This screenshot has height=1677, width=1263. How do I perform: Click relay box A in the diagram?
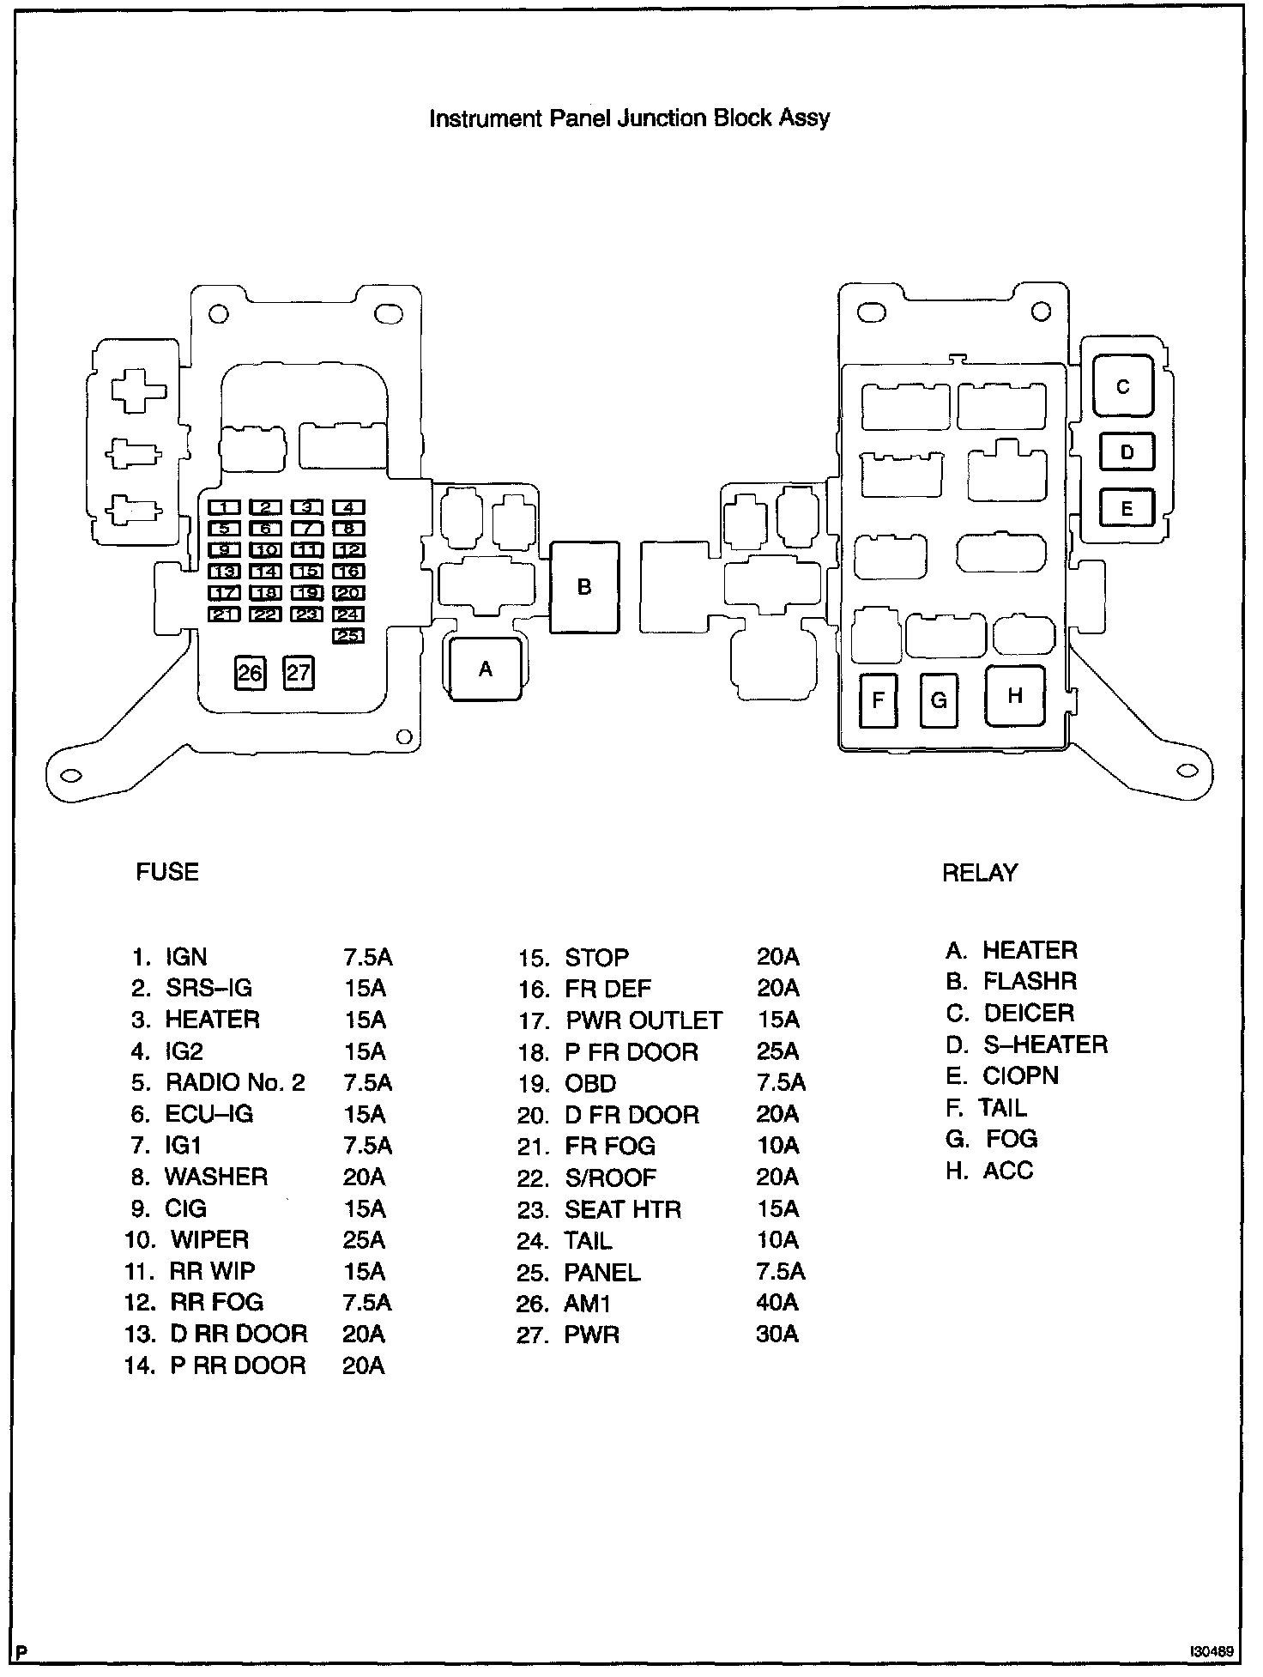point(486,669)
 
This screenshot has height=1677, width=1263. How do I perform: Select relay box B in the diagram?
point(583,587)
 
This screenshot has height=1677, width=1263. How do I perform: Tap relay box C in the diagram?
point(1122,386)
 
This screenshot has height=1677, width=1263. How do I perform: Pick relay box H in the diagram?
point(1015,695)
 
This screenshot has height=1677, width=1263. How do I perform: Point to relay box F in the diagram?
point(878,700)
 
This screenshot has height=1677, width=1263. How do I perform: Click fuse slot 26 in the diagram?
point(250,672)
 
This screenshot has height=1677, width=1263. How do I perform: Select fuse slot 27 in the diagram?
point(298,672)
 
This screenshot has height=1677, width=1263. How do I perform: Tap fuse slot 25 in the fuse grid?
point(347,636)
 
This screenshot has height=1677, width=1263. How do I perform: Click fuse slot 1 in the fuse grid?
point(224,507)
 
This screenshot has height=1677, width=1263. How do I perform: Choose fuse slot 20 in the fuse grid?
point(347,593)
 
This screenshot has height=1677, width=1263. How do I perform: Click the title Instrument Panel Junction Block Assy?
point(629,118)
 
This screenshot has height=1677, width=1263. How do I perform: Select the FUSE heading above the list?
point(167,872)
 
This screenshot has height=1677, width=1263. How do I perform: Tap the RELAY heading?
point(979,873)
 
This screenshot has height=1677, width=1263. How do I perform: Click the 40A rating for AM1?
point(777,1303)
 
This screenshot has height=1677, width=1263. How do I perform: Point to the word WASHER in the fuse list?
point(216,1177)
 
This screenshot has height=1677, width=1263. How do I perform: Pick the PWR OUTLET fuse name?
point(644,1020)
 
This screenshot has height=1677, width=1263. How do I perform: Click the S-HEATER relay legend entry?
point(1045,1044)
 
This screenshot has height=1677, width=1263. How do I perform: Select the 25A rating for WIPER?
point(364,1240)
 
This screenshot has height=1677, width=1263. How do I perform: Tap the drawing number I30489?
point(1212,1650)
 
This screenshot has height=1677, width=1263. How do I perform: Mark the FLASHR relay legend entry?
point(1030,981)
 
